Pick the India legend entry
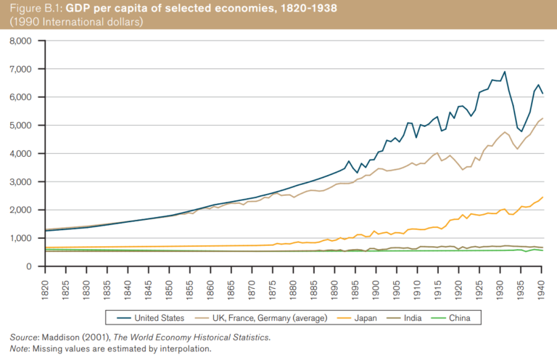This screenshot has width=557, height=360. coord(411,317)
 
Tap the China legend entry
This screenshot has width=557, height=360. coord(458,317)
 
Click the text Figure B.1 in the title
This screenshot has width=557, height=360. coord(36,8)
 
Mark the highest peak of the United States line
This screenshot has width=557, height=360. coord(504,72)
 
